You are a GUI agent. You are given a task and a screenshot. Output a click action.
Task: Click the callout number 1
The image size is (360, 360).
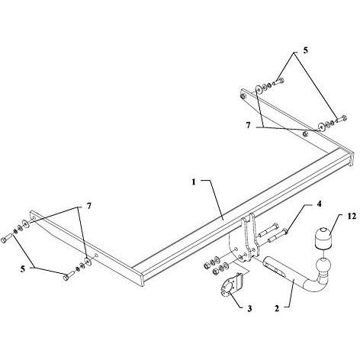[194, 182]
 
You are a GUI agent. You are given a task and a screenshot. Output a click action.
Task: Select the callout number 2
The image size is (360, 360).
[277, 308]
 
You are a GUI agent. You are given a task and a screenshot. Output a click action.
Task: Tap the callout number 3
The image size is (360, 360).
[249, 309]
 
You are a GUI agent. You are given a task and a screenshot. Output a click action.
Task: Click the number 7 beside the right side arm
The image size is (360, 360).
[248, 125]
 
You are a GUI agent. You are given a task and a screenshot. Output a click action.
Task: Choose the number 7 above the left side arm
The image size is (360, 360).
[88, 206]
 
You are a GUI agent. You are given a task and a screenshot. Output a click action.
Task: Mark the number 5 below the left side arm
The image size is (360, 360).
[23, 268]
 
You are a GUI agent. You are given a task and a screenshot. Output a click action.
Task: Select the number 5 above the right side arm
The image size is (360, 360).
[305, 50]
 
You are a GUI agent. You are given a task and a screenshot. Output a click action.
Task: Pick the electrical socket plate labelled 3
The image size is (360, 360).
[231, 286]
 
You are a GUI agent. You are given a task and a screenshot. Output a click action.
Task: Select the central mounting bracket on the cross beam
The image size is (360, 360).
[250, 235]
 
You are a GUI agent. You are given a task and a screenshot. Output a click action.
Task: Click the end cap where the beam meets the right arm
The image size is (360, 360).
[349, 159]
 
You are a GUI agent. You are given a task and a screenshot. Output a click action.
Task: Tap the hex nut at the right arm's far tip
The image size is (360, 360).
[243, 96]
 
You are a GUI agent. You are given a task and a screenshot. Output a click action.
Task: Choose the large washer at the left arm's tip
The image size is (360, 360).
[26, 223]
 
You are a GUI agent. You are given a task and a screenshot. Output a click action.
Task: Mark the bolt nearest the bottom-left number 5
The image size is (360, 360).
[68, 276]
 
